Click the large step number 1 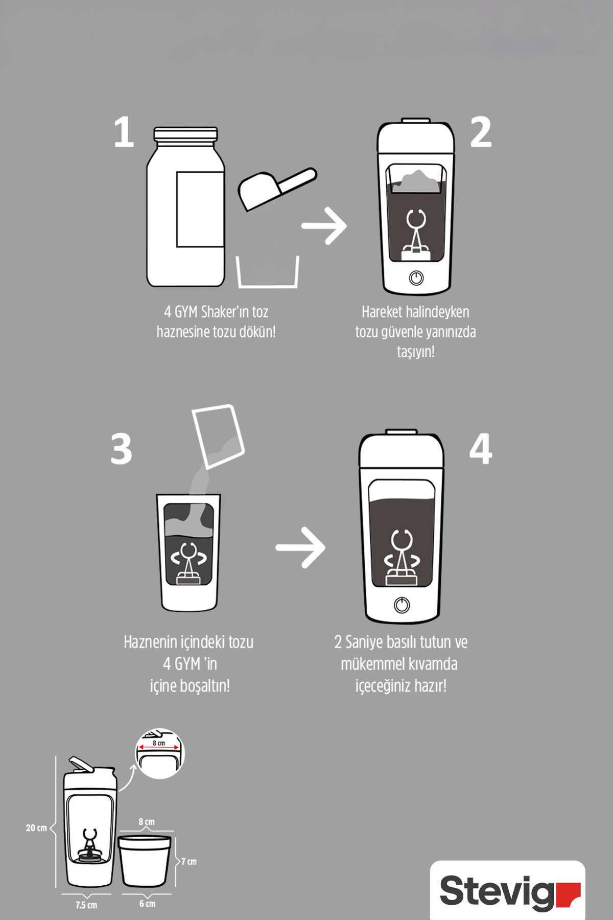[x=124, y=132]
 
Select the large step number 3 [x=122, y=449]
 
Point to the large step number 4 [x=481, y=449]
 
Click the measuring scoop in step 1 [x=276, y=187]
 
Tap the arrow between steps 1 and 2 [x=324, y=225]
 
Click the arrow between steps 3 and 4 [x=300, y=547]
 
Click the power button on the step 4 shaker [x=402, y=605]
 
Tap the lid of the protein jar [x=185, y=135]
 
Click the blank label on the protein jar [x=200, y=210]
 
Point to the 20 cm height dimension [x=36, y=828]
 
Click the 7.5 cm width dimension [x=86, y=905]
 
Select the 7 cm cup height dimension [x=189, y=862]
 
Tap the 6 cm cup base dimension [x=147, y=904]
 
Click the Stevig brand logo [x=508, y=891]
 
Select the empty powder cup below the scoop [x=267, y=272]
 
